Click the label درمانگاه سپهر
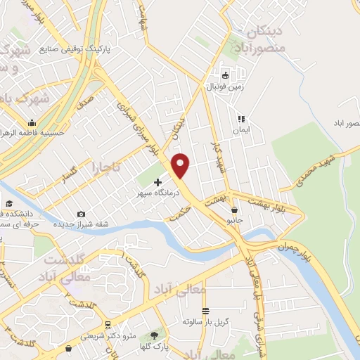pos(157,192)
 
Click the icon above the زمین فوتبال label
pos(225,75)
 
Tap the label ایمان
pos(242,130)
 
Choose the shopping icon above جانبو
pos(234,209)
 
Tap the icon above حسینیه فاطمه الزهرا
pos(33,121)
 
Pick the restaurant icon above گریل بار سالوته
pos(205,310)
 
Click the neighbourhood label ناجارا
pos(106,168)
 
